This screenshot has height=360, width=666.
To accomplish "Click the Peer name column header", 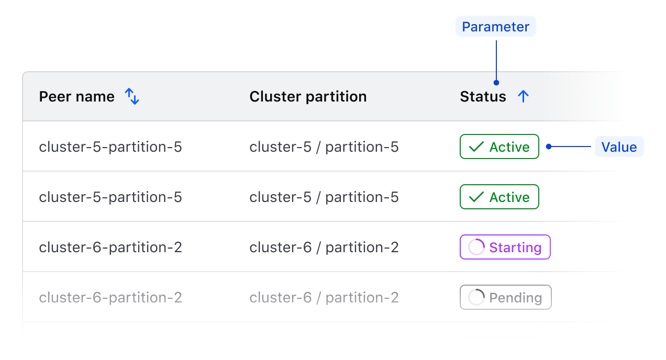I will (76, 97).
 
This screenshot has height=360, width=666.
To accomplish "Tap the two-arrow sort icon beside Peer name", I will (132, 96).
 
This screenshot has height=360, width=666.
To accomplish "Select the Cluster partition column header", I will (308, 97).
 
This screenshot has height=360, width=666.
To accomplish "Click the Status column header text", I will (483, 97).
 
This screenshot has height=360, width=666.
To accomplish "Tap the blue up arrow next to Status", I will (523, 96).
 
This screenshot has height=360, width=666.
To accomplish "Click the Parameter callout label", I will (495, 27).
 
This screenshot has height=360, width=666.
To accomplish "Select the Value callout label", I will (619, 147).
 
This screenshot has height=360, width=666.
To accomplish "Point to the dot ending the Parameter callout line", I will (496, 83).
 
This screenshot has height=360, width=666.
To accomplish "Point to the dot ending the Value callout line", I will (548, 147).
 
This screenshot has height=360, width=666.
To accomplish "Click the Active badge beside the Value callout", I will (499, 147).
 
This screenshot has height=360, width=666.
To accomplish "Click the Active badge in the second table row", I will (499, 197).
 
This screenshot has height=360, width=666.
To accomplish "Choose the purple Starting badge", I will (505, 248).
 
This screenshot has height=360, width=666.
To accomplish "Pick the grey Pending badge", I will (505, 298).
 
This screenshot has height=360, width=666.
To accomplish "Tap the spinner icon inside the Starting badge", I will (476, 247).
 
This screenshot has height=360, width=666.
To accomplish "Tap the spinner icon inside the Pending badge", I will (476, 297).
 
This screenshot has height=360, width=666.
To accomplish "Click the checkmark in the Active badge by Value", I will (476, 148).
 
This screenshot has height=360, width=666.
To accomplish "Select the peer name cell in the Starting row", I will (110, 248).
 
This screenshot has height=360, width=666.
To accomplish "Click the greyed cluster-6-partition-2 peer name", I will (110, 298).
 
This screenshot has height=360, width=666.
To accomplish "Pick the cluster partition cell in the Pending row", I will (324, 298).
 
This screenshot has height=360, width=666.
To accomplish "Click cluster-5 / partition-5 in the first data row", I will (324, 147).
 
